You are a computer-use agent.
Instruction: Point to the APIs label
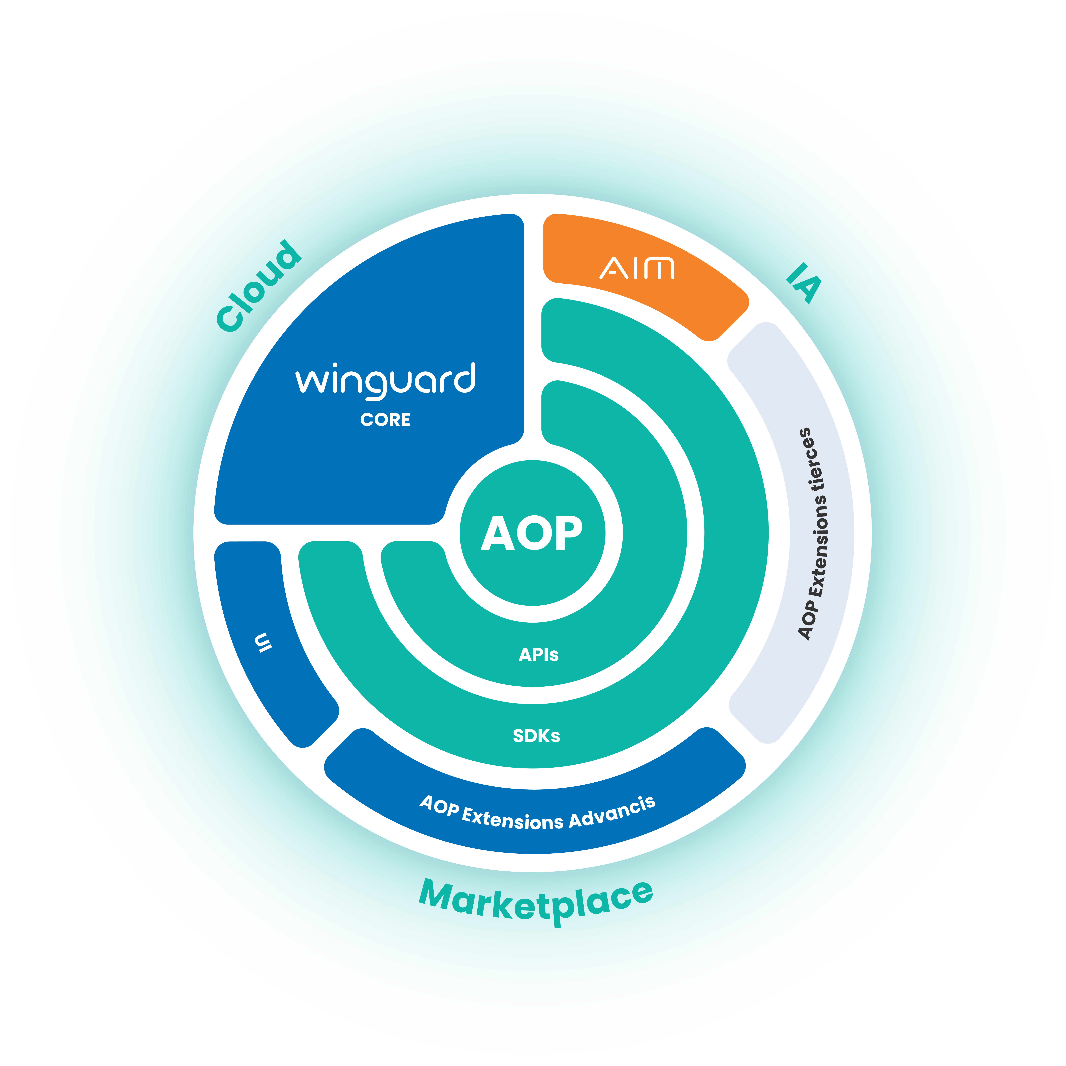click(538, 654)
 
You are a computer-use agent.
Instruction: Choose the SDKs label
click(536, 735)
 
